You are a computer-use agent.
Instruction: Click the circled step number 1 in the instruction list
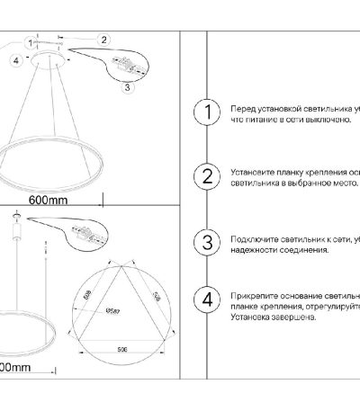(x=208, y=112)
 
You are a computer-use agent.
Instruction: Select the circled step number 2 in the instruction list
(x=208, y=175)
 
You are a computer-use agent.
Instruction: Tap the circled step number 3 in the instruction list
(x=208, y=243)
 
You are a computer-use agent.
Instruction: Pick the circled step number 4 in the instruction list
(x=208, y=299)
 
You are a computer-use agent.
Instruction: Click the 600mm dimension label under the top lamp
(x=49, y=199)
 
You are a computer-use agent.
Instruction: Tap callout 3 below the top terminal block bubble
(x=127, y=88)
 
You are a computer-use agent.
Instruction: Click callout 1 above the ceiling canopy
(x=31, y=41)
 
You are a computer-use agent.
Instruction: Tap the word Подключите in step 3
(x=251, y=238)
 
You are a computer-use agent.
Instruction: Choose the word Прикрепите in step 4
(x=251, y=295)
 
